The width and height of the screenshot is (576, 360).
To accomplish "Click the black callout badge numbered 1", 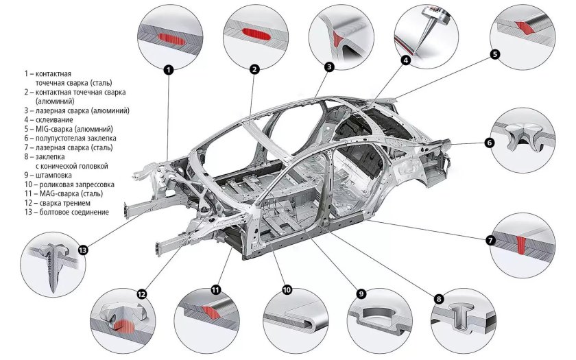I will pos(169,69).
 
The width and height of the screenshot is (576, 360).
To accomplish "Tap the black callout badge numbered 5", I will pos(495,53).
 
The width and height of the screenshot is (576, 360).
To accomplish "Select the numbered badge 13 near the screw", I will pos(83,250).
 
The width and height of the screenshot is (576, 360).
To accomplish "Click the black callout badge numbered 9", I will pos(361,293).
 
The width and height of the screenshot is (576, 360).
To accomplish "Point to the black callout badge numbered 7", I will pos(490,241).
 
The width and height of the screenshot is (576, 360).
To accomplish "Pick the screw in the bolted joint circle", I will pos(49,263).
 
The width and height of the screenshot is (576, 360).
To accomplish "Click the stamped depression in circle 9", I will pos(380,317).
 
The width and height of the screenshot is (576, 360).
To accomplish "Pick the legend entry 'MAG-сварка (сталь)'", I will pos(66,193).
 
